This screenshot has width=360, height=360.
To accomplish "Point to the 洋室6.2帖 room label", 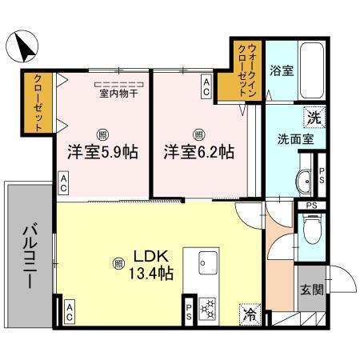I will point(199,150).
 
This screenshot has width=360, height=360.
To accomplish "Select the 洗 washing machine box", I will point(314,118).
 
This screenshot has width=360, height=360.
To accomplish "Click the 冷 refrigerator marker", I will point(250,314).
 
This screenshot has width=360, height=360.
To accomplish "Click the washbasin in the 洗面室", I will point(306,182).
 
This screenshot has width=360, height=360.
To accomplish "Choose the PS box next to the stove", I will point(189,310).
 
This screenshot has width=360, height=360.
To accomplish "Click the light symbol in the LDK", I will point(118,261).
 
